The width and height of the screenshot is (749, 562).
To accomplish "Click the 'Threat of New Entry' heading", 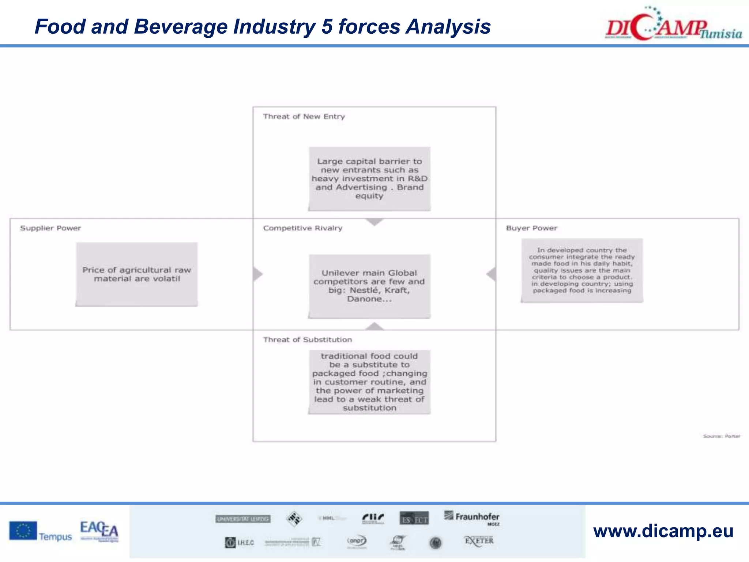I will click(304, 117).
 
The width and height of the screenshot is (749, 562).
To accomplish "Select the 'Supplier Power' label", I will click(50, 228).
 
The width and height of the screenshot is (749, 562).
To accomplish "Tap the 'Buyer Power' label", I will click(531, 228).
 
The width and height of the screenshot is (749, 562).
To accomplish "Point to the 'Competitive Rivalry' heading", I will click(302, 228).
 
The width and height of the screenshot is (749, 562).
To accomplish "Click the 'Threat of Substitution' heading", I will click(307, 340).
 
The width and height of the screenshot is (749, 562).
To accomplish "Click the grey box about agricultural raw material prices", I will click(136, 274).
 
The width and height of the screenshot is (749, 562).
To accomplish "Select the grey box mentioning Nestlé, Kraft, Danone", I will click(369, 286).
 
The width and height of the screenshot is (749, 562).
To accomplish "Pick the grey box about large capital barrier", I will click(369, 179).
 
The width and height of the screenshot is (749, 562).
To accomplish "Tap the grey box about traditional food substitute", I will click(369, 382).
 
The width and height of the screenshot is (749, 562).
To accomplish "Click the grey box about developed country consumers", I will click(582, 270).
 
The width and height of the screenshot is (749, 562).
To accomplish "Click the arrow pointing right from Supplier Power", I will click(258, 274).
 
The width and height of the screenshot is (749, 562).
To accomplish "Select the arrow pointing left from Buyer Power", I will click(491, 274).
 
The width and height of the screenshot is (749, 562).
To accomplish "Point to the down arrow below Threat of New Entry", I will click(374, 222).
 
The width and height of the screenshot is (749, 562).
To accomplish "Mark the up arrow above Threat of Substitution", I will click(374, 326).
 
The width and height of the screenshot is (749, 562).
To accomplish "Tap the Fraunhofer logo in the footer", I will click(472, 517).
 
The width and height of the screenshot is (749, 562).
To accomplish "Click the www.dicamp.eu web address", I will click(663, 531).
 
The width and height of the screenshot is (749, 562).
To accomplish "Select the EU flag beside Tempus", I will click(23, 531).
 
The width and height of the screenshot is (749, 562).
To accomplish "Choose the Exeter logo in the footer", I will click(479, 541).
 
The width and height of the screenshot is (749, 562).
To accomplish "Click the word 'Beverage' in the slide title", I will click(181, 27).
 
